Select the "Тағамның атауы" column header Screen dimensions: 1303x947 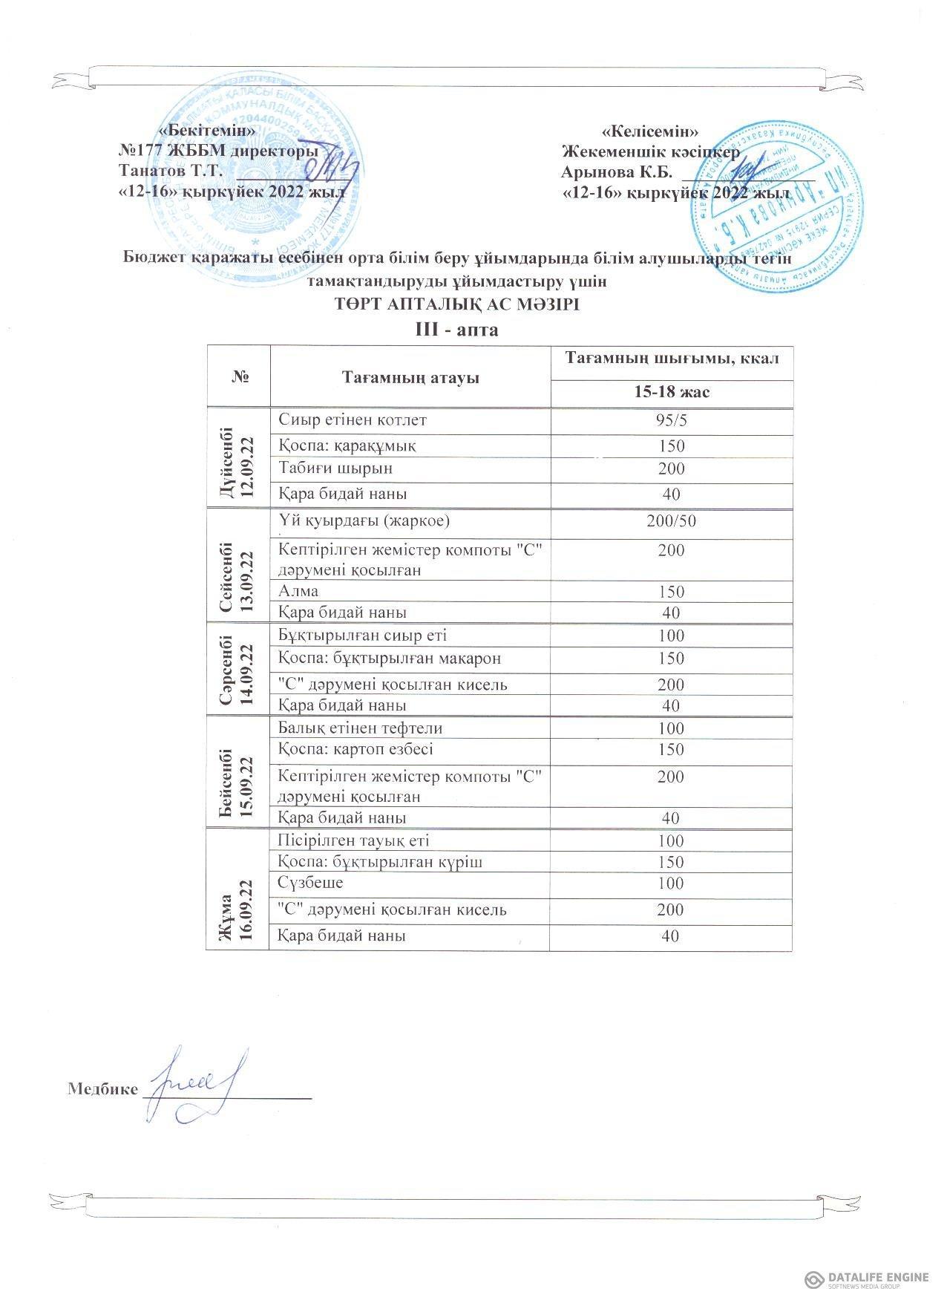coord(410,377)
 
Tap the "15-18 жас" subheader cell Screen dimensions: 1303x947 coord(672,391)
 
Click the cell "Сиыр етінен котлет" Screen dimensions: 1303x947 coord(353,420)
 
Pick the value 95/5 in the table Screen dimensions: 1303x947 coord(671,421)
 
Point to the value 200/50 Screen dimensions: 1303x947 coord(671,520)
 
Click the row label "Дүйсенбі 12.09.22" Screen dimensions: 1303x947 coord(238,458)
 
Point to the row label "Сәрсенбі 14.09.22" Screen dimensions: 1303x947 coord(238,670)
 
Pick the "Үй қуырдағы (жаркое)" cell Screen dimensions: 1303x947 coord(364,520)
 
